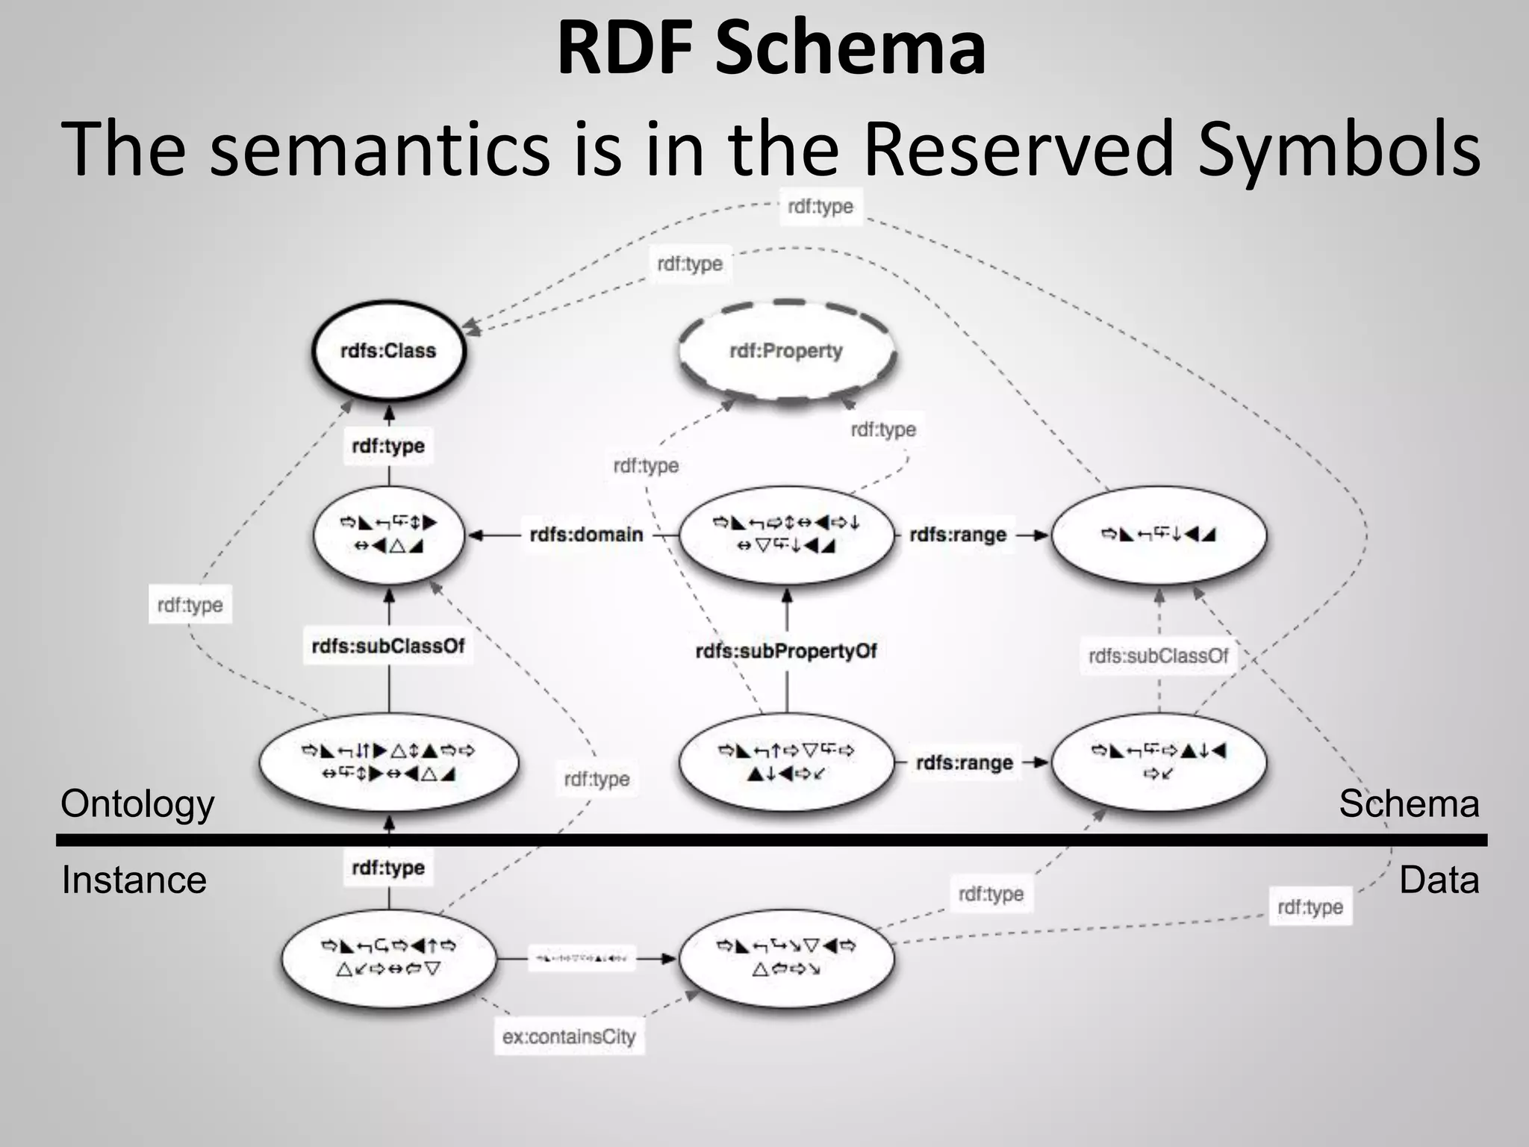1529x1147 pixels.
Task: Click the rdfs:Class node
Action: pos(388,351)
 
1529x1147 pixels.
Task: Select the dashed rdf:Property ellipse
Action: pos(786,351)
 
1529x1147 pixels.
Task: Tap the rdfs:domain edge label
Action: pos(586,535)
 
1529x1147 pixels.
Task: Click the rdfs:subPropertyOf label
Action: pos(786,651)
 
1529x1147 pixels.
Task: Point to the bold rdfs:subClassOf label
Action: pos(388,646)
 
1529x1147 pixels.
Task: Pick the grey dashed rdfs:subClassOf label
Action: pos(1158,656)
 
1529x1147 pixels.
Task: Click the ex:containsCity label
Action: pos(569,1036)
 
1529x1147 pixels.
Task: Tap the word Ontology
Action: pos(137,804)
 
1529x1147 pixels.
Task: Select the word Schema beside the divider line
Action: pos(1408,804)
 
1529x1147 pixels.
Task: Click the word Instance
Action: pos(134,880)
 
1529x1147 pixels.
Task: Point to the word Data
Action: pos(1439,880)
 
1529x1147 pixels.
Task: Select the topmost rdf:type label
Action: pos(820,207)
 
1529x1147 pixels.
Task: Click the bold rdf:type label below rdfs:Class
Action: pos(388,447)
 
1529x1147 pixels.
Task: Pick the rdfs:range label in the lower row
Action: pos(964,763)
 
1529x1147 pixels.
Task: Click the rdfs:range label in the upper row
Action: pos(958,535)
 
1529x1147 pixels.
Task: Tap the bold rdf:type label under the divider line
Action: pos(388,868)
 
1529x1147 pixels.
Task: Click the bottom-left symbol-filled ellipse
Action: pos(388,958)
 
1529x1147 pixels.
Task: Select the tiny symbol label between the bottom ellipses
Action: pos(582,958)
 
